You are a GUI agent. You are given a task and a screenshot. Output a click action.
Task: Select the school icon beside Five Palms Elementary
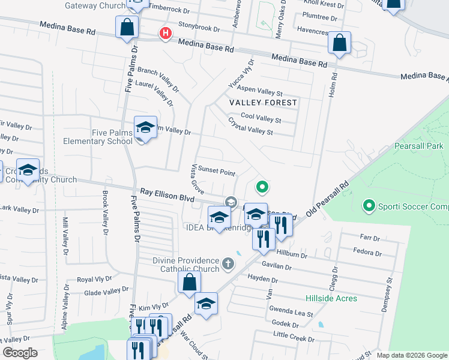click(x=145, y=128)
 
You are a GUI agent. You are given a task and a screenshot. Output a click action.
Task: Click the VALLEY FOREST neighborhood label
click(x=264, y=103)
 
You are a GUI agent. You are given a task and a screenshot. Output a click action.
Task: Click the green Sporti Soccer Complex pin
click(x=369, y=206)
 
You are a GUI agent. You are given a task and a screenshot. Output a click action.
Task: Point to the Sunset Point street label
click(x=217, y=172)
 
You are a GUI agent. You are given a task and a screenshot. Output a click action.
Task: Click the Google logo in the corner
click(x=20, y=353)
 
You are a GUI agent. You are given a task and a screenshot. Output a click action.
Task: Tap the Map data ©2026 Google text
click(x=412, y=355)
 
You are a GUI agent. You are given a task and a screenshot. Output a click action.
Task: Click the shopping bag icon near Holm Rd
click(x=340, y=43)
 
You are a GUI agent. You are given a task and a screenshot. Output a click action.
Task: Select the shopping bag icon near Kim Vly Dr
click(x=189, y=283)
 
